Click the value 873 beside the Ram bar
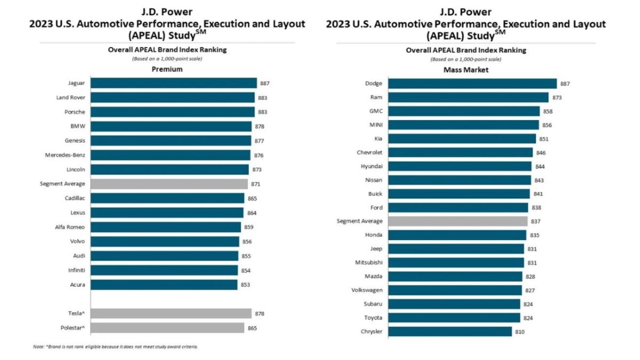[x=557, y=98]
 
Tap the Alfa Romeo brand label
[x=70, y=227]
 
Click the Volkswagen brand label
[x=365, y=290]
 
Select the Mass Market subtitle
[x=466, y=69]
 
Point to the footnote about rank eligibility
[x=116, y=347]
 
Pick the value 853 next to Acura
[x=245, y=285]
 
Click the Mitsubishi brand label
[x=369, y=262]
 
